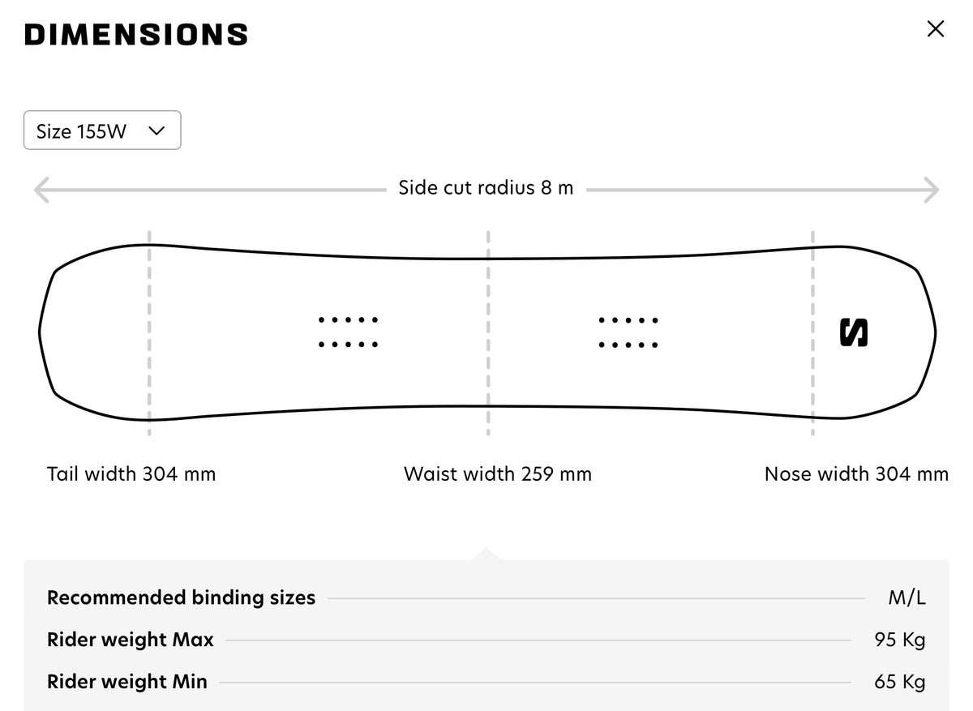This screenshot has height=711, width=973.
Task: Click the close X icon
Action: pos(935,29)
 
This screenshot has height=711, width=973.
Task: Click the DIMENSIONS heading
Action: pos(136,34)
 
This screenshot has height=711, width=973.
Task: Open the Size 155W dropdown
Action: pos(102,131)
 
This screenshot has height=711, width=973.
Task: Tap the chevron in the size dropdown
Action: pos(156,131)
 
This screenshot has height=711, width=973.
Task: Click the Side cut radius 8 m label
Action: pos(486,188)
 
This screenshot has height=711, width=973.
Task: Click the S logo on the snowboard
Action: pos(853,332)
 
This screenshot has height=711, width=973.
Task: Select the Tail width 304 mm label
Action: pos(131,473)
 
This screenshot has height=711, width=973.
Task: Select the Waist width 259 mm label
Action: pos(497,473)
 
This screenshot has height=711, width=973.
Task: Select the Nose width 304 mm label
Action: pos(856,473)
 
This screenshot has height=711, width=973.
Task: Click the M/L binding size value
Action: pos(907,597)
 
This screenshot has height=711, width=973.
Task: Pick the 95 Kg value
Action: pos(899,640)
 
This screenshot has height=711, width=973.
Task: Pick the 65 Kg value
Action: pos(899,682)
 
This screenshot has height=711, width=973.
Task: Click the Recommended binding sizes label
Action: pos(181,597)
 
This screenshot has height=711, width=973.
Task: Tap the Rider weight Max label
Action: pos(131,640)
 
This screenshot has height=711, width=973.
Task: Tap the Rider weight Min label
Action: pos(127,682)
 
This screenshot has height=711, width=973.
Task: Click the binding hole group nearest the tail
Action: pos(348,332)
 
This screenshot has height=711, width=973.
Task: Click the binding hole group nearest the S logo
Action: pos(628,332)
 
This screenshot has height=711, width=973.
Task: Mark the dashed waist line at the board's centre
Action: pos(488,333)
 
